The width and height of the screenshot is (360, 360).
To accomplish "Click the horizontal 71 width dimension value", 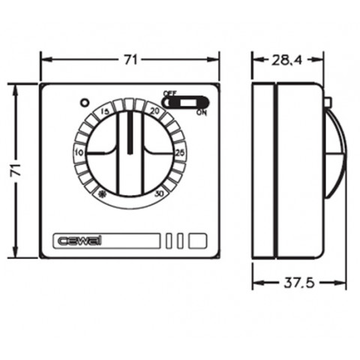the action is tap(130, 60).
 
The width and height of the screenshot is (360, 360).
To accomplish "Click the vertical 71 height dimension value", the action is tap(16, 170).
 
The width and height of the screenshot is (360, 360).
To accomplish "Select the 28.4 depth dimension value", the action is tap(286, 60).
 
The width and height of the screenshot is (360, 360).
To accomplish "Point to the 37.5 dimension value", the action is tap(299, 283).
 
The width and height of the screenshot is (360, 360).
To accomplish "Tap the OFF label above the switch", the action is tap(169, 93).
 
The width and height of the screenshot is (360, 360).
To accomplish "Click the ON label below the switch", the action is tap(202, 112).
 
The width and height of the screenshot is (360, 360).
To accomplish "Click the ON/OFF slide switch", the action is tap(185, 103).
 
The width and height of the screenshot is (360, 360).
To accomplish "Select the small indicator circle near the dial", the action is tap(84, 103).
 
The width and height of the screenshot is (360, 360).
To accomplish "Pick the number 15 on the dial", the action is tap(105, 112).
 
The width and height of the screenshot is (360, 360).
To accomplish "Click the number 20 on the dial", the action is tap(154, 111).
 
